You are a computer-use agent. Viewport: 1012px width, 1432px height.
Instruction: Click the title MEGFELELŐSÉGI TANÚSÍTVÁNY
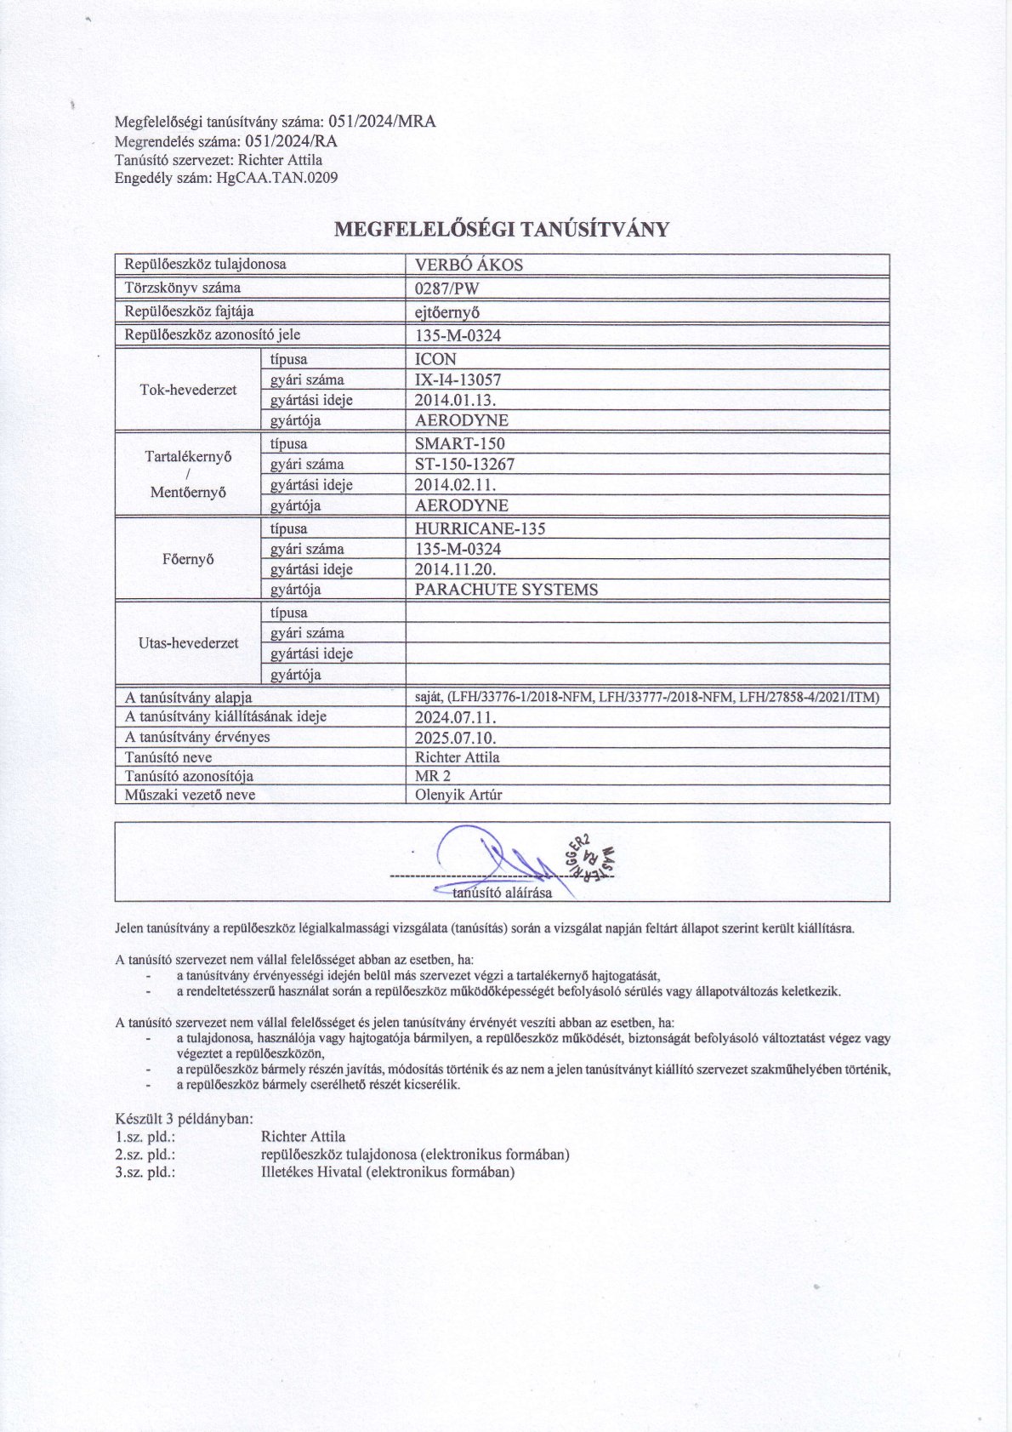(x=502, y=229)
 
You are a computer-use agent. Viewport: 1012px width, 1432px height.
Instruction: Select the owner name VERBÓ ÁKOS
(x=469, y=265)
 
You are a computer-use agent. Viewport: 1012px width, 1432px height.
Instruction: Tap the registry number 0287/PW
(x=447, y=288)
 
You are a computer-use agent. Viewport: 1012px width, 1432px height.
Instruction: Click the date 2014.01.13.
(x=456, y=400)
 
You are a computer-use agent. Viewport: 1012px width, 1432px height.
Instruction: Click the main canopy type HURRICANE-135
(x=480, y=528)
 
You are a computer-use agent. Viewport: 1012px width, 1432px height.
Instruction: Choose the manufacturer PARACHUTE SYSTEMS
(x=506, y=590)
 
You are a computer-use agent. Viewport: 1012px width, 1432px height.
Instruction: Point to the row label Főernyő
(x=187, y=559)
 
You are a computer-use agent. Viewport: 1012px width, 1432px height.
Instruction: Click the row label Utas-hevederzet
(x=188, y=643)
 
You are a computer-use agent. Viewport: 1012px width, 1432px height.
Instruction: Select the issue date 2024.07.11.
(x=455, y=716)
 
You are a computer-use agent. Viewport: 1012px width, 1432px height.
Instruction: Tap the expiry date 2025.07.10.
(x=455, y=738)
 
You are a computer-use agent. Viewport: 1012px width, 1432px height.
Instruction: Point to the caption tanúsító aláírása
(x=502, y=893)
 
